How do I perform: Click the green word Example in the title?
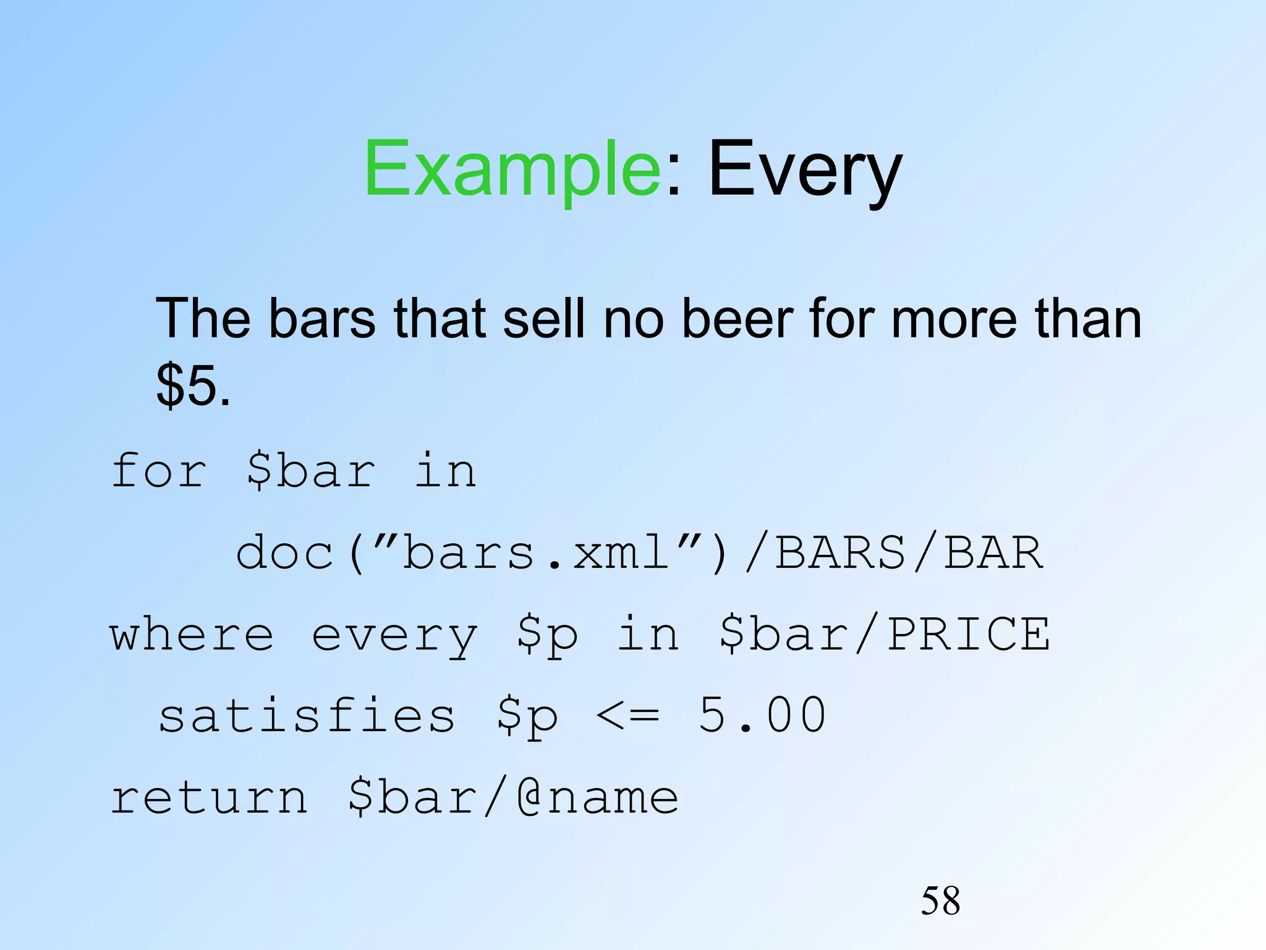512,168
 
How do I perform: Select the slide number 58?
940,901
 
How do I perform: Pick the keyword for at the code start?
158,471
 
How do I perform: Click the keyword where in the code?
192,635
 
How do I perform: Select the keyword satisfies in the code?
307,716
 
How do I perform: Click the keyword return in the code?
208,797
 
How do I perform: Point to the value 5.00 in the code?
762,716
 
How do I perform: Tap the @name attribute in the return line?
597,797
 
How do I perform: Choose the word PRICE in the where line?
968,635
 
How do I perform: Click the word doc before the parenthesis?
286,552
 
